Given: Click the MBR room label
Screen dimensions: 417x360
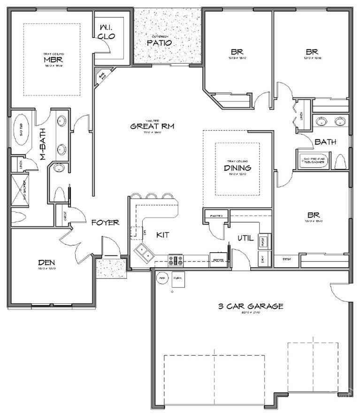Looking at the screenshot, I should coord(54,60).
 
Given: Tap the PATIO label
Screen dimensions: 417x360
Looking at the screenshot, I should coord(159,43).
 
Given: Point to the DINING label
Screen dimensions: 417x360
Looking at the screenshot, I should coord(237,168).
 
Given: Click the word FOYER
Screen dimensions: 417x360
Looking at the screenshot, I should coord(105,222).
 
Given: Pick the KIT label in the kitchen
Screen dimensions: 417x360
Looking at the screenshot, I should coord(162,234).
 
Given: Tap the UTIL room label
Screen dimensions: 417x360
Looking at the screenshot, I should coord(245,238).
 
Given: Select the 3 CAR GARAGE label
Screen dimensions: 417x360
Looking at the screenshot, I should coord(251,306).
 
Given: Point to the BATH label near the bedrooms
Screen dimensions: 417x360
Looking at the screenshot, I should coord(325,141).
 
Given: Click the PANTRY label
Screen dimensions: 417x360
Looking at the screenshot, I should coord(216,216).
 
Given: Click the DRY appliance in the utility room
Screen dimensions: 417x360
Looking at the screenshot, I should coord(263,258).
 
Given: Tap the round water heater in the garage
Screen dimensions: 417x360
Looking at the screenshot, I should coord(161,278).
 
